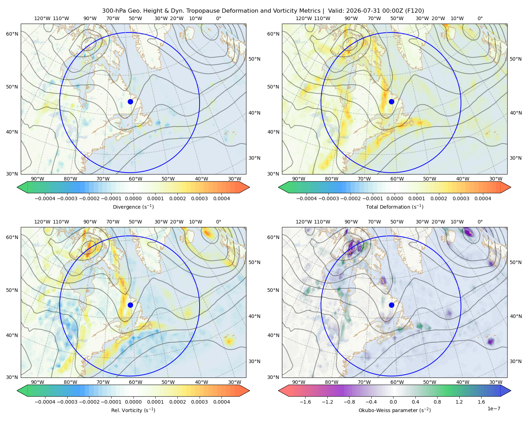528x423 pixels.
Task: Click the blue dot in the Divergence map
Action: (130, 102)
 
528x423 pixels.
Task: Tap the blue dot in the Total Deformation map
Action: (391, 102)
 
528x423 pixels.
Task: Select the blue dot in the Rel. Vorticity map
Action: (130, 305)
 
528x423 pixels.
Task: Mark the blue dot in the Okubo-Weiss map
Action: (391, 305)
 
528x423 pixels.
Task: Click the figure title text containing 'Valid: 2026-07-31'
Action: (263, 11)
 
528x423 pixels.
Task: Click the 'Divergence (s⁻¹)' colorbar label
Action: (133, 207)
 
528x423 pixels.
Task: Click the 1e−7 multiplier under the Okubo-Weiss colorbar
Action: (494, 409)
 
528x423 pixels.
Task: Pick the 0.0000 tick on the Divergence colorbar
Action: (133, 198)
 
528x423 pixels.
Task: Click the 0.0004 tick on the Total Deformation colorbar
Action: (483, 198)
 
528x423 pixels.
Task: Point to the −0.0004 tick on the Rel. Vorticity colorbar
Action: (45, 401)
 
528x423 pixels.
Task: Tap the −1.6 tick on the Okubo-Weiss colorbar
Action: (305, 401)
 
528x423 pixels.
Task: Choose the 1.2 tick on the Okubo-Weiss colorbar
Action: (459, 401)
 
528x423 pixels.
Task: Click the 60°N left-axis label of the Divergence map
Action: (12, 34)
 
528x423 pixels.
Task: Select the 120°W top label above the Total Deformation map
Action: (303, 18)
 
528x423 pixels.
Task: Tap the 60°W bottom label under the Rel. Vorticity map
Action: (136, 382)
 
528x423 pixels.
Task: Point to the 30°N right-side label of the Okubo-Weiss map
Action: (516, 361)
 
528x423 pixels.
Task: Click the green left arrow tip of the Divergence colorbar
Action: (17, 187)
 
